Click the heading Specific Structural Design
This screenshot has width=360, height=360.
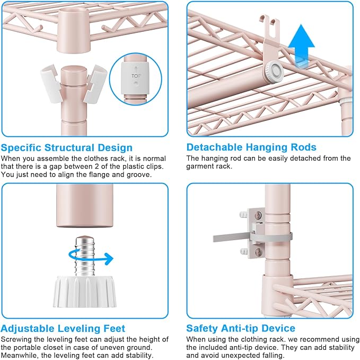[67, 147]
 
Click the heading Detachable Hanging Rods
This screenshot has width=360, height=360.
[251, 147]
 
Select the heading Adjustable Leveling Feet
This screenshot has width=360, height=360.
[63, 329]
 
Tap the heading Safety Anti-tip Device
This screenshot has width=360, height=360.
[241, 328]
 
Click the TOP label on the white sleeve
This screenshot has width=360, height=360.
[136, 76]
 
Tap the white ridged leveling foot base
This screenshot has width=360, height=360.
[85, 291]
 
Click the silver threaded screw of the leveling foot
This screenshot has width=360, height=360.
[85, 256]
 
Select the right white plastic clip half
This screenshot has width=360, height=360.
[95, 83]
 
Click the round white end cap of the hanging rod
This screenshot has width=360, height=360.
[274, 72]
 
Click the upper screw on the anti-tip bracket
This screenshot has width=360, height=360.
[258, 215]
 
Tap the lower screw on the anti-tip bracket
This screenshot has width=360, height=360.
[258, 251]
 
